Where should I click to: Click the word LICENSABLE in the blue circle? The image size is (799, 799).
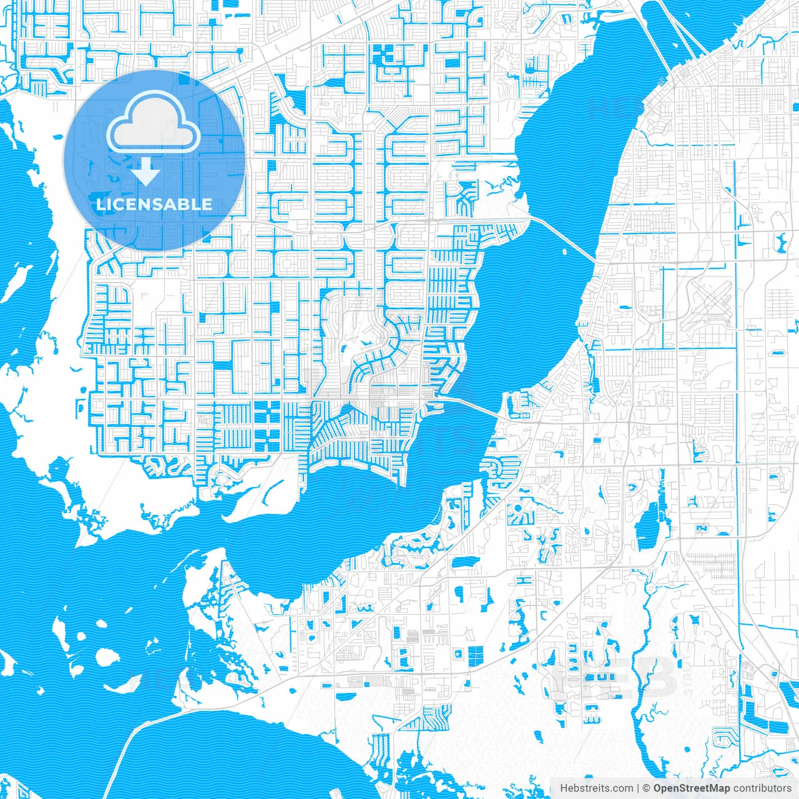(x=154, y=204)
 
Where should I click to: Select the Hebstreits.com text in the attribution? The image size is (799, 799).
(x=596, y=788)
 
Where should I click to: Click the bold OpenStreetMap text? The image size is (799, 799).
(x=692, y=788)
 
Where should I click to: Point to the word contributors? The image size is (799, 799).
(x=762, y=788)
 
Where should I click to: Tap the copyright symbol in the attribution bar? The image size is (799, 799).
(x=647, y=788)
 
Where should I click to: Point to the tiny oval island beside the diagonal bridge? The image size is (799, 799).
(x=564, y=252)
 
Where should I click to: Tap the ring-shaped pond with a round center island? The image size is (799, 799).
(x=519, y=514)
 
